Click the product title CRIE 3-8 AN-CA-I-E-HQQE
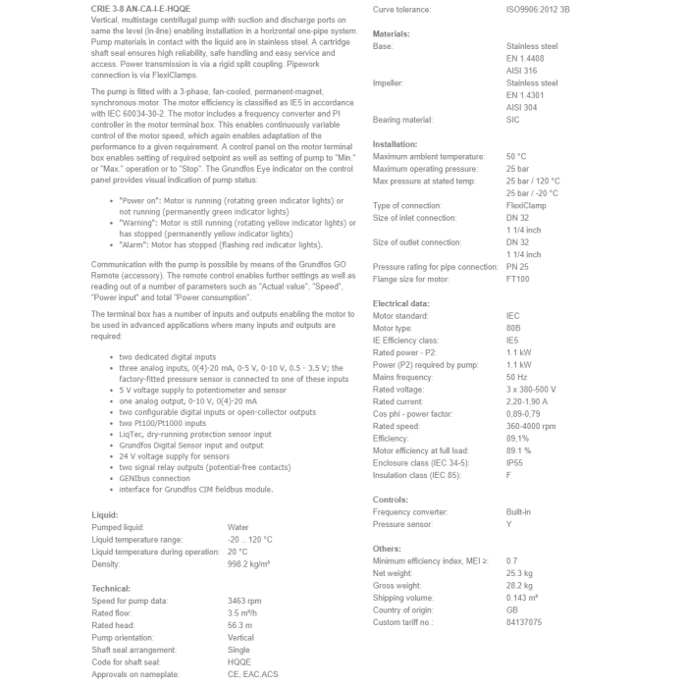140,8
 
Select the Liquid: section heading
104,514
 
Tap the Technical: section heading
111,588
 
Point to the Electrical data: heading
400,303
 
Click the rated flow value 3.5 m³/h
244,611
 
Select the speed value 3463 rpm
245,600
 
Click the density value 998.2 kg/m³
249,563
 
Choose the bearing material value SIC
512,120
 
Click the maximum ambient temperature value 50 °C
516,156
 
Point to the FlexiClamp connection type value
527,205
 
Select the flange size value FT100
517,279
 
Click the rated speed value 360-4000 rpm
534,426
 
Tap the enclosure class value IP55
515,462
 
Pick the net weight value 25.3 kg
519,572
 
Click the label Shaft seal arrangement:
139,649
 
